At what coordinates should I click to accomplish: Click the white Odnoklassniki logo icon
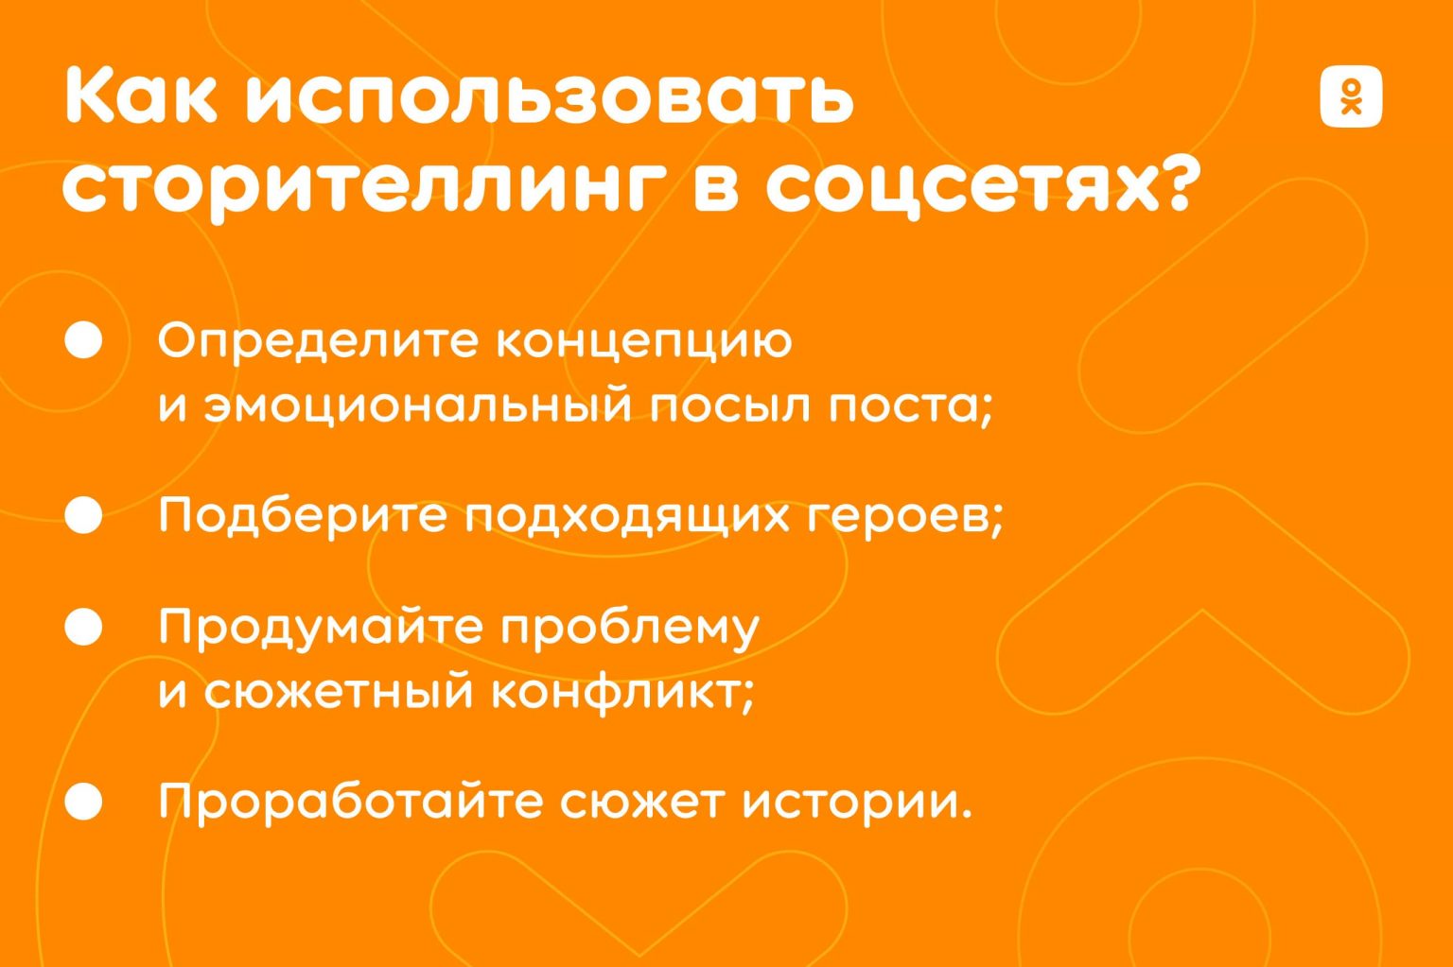pyautogui.click(x=1351, y=95)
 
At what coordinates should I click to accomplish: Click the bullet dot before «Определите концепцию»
pyautogui.click(x=83, y=339)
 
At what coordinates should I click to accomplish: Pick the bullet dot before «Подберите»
pyautogui.click(x=83, y=515)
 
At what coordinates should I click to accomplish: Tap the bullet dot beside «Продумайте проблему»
pyautogui.click(x=83, y=627)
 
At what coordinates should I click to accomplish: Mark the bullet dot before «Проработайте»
pyautogui.click(x=83, y=802)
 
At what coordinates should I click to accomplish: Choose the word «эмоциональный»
pyautogui.click(x=418, y=406)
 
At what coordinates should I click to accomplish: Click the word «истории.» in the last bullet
pyautogui.click(x=858, y=803)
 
